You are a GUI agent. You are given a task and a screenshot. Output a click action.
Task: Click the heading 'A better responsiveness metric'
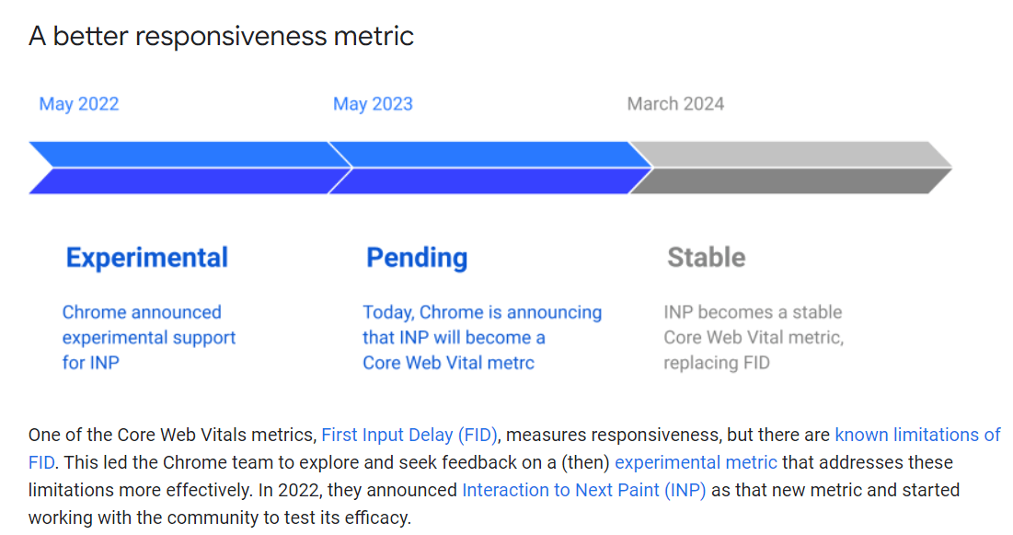tap(221, 36)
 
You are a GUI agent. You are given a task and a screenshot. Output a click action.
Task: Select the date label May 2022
tap(79, 104)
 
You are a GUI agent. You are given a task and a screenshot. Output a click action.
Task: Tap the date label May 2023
tap(373, 104)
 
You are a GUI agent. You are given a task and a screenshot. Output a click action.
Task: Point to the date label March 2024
tap(675, 104)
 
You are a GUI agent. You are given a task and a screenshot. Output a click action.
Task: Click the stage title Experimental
tap(146, 258)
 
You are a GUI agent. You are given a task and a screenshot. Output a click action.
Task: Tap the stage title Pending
tap(417, 258)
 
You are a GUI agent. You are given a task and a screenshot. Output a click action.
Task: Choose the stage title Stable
tap(706, 258)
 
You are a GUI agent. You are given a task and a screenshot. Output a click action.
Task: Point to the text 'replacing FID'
tap(717, 363)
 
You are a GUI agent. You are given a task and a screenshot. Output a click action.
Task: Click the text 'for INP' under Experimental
tap(90, 363)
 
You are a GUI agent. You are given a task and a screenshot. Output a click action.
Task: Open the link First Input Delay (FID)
tap(409, 436)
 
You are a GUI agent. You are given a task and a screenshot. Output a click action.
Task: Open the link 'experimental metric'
tap(696, 462)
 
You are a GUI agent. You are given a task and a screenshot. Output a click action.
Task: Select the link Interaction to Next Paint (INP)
tap(584, 491)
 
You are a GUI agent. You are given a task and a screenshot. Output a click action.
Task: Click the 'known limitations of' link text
tap(918, 435)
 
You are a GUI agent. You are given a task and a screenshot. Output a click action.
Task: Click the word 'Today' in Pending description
tap(388, 313)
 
